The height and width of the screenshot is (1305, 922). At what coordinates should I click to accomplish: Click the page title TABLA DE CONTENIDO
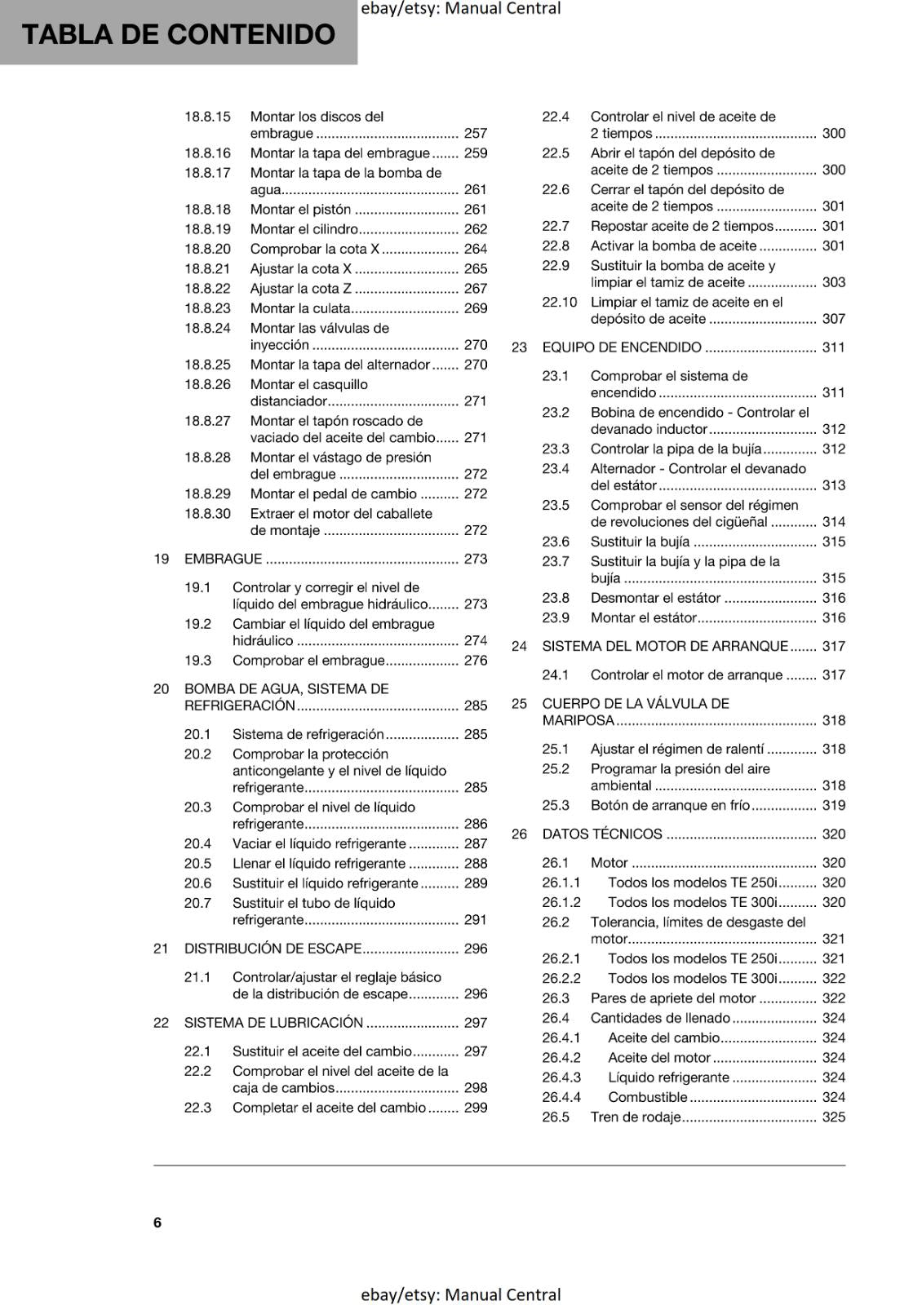click(179, 34)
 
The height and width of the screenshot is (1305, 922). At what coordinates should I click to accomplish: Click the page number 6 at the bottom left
click(157, 1222)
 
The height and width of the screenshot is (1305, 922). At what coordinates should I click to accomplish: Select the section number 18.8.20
click(207, 249)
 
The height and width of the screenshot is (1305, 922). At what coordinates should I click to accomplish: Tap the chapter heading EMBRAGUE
click(223, 559)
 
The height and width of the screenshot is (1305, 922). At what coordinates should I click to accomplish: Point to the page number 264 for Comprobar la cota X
click(475, 249)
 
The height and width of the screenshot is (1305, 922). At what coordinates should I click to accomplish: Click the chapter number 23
click(519, 347)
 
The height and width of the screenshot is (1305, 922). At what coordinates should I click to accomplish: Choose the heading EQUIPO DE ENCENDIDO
click(622, 347)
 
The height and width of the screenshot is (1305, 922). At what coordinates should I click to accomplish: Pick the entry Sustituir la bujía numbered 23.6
click(640, 542)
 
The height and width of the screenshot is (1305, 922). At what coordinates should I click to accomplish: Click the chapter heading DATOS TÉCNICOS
click(602, 834)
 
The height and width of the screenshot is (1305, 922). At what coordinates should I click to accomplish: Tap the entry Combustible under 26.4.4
click(647, 1097)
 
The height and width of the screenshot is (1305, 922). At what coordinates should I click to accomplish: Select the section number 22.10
click(559, 302)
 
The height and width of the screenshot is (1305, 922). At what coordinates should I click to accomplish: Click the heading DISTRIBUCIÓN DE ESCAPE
click(273, 949)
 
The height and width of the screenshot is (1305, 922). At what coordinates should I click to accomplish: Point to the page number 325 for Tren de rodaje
click(833, 1117)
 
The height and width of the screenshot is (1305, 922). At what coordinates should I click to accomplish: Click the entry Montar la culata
click(299, 308)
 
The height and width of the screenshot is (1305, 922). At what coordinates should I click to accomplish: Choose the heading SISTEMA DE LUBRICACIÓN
click(273, 1022)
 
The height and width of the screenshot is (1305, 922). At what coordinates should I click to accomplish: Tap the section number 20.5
click(197, 863)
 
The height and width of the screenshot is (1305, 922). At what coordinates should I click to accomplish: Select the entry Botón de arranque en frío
click(670, 805)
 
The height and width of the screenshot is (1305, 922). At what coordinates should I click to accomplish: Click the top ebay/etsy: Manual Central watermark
click(460, 9)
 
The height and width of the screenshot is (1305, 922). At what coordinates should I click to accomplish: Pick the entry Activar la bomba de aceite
click(673, 246)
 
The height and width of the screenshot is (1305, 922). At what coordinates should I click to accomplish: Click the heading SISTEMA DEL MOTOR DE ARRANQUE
click(665, 646)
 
